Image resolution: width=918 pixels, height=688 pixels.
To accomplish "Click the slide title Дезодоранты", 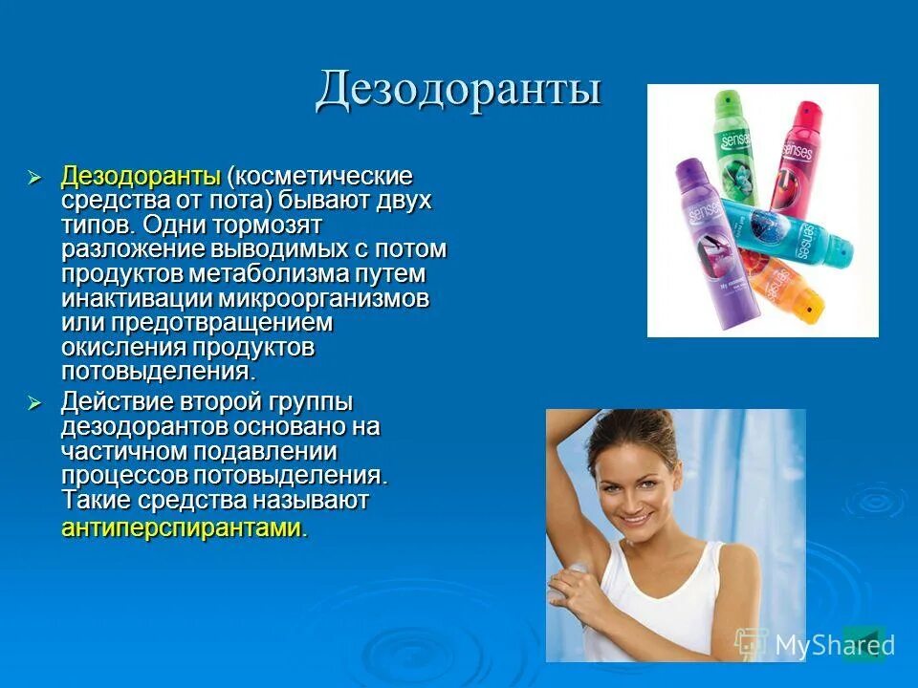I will pyautogui.click(x=458, y=90).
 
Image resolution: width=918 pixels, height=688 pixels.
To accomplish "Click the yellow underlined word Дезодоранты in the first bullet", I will pyautogui.click(x=141, y=177).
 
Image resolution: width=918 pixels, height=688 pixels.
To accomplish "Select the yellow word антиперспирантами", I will pyautogui.click(x=182, y=527).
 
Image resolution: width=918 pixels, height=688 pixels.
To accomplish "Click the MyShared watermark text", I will pyautogui.click(x=834, y=645).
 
